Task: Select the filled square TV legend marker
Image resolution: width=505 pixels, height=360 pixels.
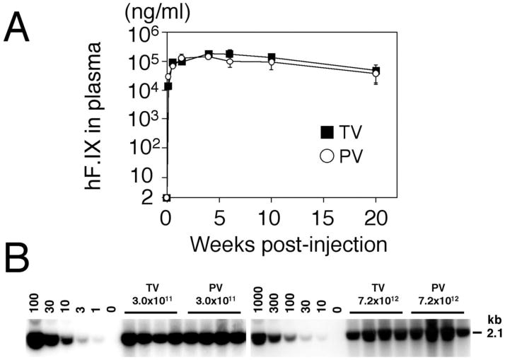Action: pos(326,132)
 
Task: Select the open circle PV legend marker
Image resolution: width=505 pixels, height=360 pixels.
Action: pos(326,156)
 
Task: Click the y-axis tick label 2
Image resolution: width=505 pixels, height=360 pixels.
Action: pos(146,198)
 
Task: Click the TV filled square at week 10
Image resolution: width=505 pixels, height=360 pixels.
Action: pos(272,57)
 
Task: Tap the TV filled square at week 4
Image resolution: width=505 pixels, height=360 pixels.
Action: pos(209,54)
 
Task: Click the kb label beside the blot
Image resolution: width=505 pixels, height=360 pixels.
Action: pos(482,319)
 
